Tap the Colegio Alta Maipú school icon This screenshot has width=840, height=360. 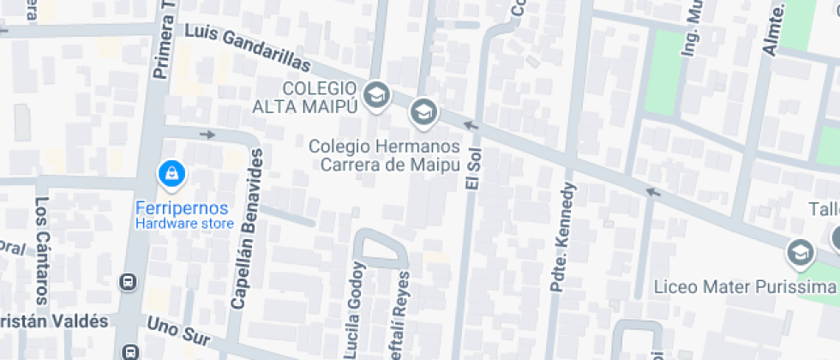(x=375, y=95)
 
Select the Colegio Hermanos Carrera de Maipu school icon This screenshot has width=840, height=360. (x=422, y=111)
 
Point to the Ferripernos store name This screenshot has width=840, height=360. (x=183, y=208)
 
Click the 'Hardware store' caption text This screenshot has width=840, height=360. (x=184, y=225)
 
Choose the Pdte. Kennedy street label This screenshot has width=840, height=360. (x=567, y=237)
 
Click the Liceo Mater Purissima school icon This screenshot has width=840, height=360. (x=801, y=252)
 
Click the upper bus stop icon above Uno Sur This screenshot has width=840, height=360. (x=129, y=281)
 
